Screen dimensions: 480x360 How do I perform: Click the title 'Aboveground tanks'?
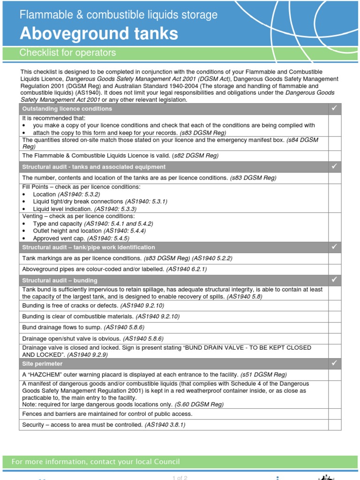click(98, 34)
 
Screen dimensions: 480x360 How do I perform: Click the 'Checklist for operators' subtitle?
click(67, 53)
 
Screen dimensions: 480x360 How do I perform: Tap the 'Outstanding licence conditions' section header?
click(67, 109)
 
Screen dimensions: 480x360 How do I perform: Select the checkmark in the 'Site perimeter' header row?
click(334, 363)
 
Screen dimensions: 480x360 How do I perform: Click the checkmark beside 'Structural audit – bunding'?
click(334, 280)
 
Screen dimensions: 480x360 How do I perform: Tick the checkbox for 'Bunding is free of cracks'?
click(334, 305)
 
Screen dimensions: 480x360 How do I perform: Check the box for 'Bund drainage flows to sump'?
click(334, 327)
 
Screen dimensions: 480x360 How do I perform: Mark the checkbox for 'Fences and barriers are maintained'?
click(334, 414)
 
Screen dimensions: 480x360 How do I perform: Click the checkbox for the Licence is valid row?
click(334, 156)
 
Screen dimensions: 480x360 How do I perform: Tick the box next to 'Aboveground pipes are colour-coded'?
click(334, 269)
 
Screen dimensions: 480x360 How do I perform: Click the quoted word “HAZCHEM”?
click(45, 375)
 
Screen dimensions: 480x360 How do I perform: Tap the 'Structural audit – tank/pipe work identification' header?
click(89, 247)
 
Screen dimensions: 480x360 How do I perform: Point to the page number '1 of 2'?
click(180, 477)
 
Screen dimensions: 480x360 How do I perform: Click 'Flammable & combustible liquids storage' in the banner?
click(118, 15)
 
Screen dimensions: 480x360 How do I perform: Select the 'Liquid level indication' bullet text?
click(62, 209)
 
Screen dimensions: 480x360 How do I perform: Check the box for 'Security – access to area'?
click(334, 425)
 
